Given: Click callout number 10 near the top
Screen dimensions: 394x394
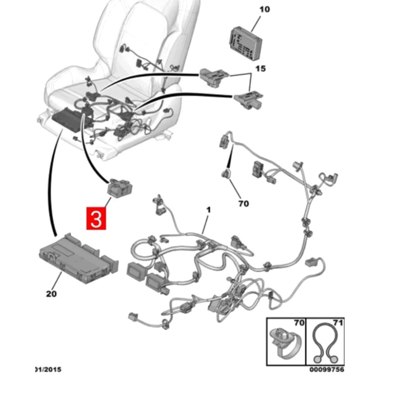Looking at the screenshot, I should click(x=265, y=9).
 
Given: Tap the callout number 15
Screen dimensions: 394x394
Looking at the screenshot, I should click(x=260, y=69).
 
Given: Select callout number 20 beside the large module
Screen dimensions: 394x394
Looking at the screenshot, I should click(x=52, y=293).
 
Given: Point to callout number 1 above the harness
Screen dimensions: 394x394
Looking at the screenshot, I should click(x=208, y=211).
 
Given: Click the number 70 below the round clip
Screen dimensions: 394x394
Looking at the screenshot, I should click(x=244, y=203).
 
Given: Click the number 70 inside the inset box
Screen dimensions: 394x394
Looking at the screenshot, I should click(x=299, y=324).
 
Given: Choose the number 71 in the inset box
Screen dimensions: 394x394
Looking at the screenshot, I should click(x=338, y=324).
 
